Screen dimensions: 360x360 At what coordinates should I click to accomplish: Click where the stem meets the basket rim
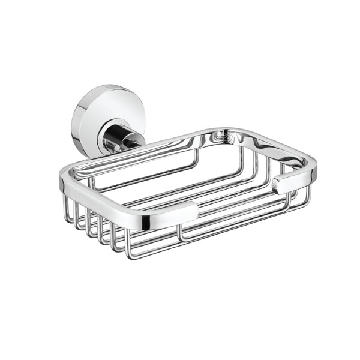(x=139, y=144)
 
